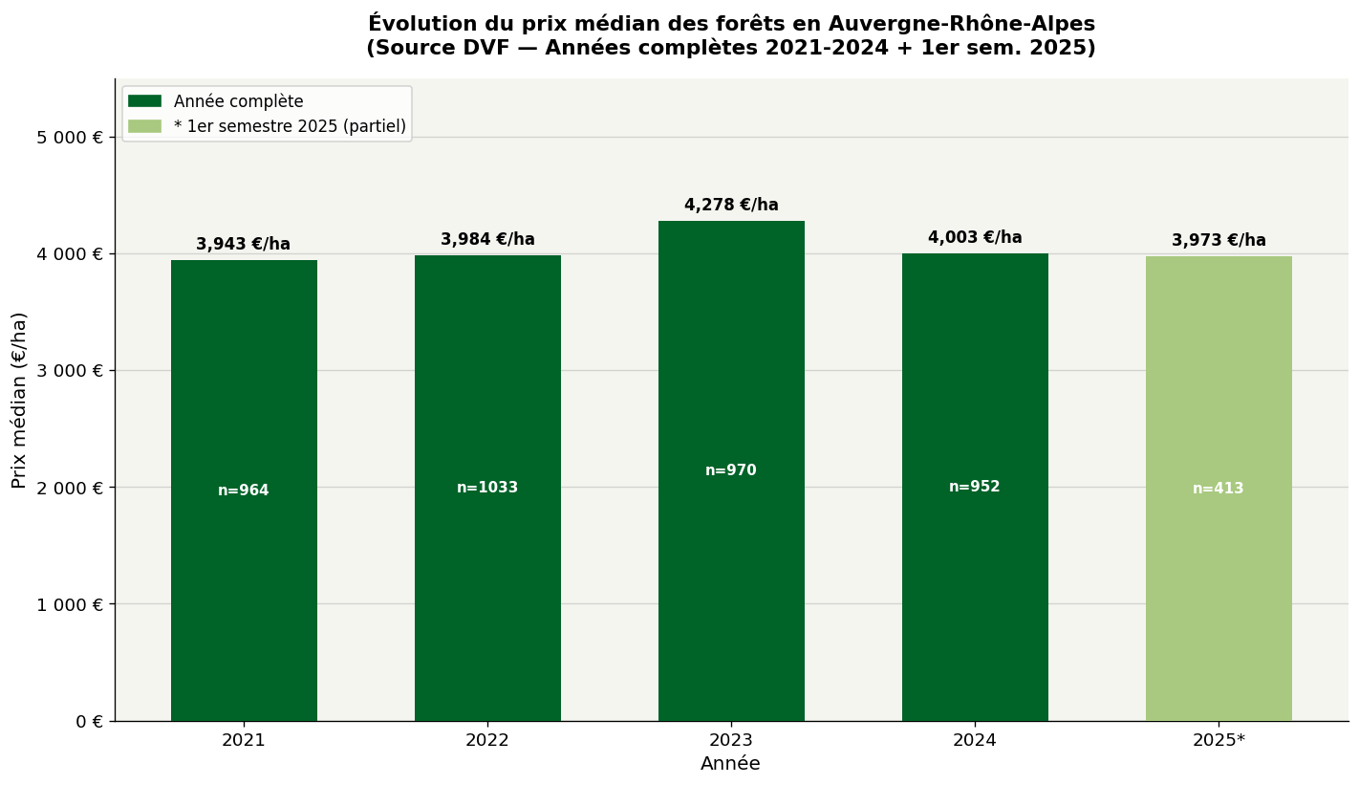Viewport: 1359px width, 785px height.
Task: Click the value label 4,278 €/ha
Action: (x=731, y=206)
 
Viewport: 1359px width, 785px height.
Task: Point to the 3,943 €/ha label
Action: (x=243, y=245)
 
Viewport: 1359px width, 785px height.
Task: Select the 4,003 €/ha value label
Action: (x=975, y=238)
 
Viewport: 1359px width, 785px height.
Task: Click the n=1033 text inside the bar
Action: (x=487, y=488)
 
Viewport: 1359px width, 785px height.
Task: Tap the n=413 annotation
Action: (x=1219, y=489)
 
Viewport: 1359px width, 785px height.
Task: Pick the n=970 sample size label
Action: (x=731, y=470)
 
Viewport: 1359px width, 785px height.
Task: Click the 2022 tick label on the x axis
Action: (x=487, y=740)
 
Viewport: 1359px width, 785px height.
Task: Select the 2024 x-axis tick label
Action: (x=975, y=740)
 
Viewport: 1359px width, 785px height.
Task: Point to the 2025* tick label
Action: (x=1219, y=740)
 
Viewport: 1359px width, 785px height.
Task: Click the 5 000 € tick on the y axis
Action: (x=70, y=137)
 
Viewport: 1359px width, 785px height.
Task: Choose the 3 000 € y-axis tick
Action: (x=70, y=371)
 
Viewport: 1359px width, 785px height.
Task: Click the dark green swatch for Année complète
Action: (x=144, y=101)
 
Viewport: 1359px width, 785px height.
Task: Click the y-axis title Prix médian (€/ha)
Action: (x=19, y=400)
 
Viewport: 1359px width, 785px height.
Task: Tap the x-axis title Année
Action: (x=731, y=764)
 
